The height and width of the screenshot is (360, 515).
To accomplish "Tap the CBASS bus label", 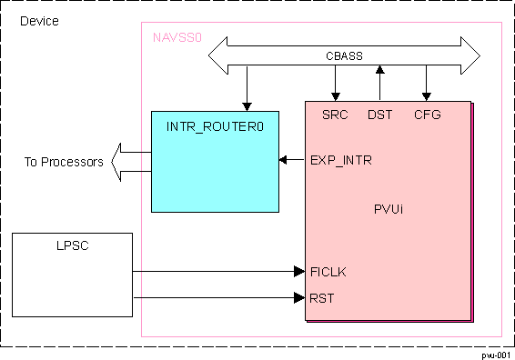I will (344, 55).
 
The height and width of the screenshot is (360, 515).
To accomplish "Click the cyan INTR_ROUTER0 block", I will (215, 161).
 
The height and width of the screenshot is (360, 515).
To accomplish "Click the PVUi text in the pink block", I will (389, 208).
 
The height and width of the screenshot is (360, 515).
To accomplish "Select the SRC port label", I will (335, 115).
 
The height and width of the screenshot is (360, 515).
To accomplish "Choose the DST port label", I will (379, 115).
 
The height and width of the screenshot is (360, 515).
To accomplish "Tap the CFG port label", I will (427, 115).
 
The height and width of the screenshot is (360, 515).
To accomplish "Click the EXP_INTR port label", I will (341, 161).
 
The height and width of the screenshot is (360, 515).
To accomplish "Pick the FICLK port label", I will (327, 271).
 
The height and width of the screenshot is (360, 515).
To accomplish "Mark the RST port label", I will (322, 297).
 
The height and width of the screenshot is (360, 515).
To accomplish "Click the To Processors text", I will (64, 163).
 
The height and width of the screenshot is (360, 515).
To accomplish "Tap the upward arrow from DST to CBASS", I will (380, 82).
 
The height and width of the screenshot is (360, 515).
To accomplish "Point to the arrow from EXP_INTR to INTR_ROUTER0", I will (291, 161).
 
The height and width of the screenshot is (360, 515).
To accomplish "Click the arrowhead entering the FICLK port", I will (298, 271).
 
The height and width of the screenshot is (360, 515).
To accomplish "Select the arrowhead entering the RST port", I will (298, 297).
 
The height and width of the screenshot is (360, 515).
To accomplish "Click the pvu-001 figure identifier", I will (496, 354).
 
